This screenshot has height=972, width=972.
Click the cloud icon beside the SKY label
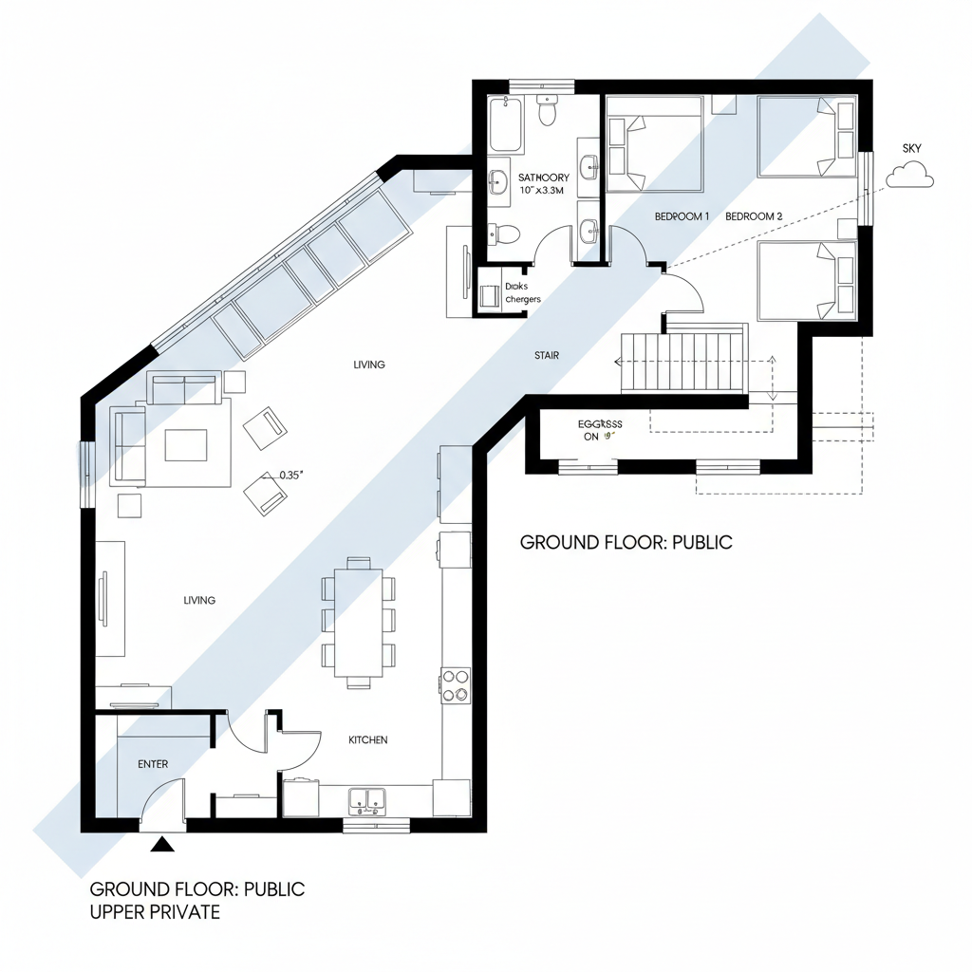tap(910, 175)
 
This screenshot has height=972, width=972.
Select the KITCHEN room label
tap(367, 739)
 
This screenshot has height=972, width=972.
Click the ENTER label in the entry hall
tap(153, 764)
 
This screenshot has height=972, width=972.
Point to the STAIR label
tap(547, 356)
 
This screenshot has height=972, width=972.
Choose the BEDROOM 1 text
tap(682, 216)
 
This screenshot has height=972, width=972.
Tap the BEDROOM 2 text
tap(754, 216)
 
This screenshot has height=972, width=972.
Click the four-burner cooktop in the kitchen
tap(456, 685)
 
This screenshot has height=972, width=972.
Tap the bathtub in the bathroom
tap(506, 124)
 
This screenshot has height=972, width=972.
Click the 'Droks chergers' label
tap(522, 292)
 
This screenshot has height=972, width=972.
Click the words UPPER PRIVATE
tap(155, 912)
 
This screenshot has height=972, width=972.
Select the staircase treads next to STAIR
tap(683, 362)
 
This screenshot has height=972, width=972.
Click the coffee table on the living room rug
tap(185, 444)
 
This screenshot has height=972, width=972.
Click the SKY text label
tap(911, 149)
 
